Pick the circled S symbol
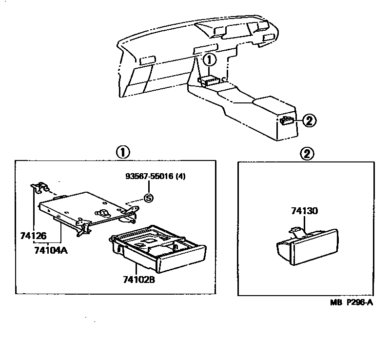[148, 198]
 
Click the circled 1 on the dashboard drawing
[208, 60]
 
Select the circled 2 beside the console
[309, 120]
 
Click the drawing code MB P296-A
[351, 302]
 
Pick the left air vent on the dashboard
[146, 60]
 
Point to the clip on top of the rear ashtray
[295, 228]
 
